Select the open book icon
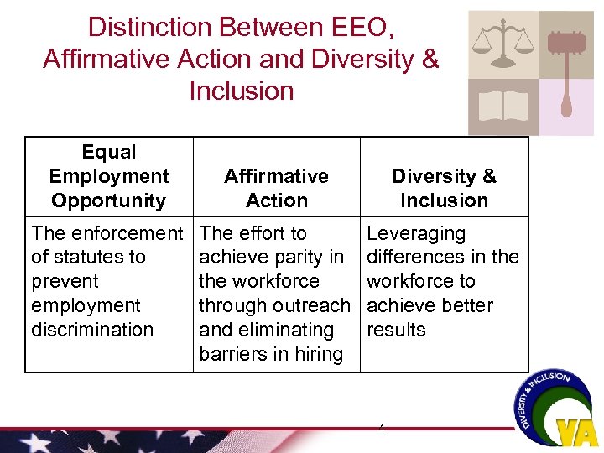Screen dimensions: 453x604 (502, 106)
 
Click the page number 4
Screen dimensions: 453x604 (382, 428)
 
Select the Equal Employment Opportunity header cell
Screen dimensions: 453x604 (109, 176)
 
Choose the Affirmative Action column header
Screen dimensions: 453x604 (276, 188)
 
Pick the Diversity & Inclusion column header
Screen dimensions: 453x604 (444, 188)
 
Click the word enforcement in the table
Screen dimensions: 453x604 (129, 233)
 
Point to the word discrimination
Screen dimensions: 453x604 (92, 330)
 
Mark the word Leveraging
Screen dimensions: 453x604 (416, 233)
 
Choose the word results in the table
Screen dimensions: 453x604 (396, 330)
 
